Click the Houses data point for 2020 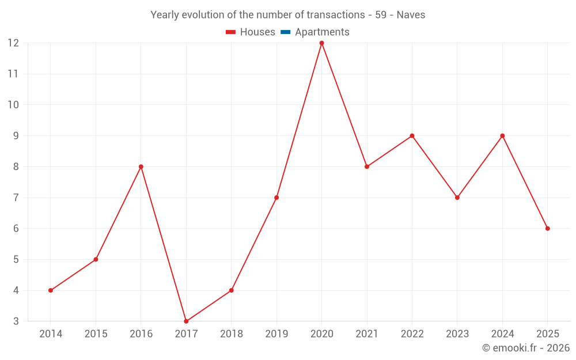pyautogui.click(x=321, y=43)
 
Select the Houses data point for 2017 pyautogui.click(x=186, y=321)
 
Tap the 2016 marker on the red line pyautogui.click(x=141, y=166)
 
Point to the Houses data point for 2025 pyautogui.click(x=547, y=229)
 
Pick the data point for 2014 pyautogui.click(x=51, y=290)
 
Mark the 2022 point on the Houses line pyautogui.click(x=412, y=136)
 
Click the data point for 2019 pyautogui.click(x=276, y=198)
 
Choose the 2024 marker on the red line pyautogui.click(x=502, y=136)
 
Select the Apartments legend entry pyautogui.click(x=322, y=32)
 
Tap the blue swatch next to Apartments pyautogui.click(x=285, y=32)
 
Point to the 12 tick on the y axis pyautogui.click(x=13, y=43)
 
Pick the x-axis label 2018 pyautogui.click(x=231, y=334)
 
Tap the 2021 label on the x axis pyautogui.click(x=367, y=334)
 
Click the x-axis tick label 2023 pyautogui.click(x=457, y=334)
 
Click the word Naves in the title pyautogui.click(x=411, y=15)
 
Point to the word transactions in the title pyautogui.click(x=335, y=15)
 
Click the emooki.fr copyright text pyautogui.click(x=525, y=348)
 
